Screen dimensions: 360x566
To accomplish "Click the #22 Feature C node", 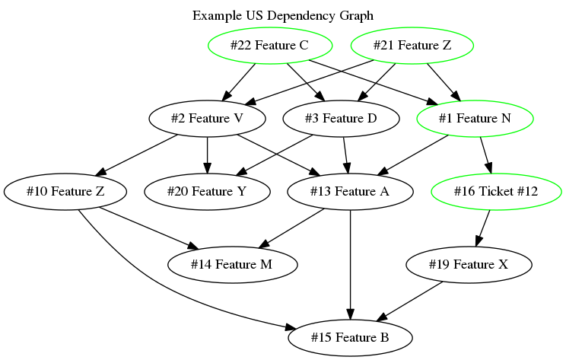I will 269,46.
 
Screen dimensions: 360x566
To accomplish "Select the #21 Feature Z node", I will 412,46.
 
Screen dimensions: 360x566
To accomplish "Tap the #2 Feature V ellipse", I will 207,118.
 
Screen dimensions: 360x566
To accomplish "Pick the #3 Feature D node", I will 341,118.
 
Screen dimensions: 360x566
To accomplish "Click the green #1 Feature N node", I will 475,118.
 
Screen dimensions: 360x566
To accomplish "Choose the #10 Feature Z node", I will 65,191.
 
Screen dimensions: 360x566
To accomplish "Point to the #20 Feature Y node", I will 207,191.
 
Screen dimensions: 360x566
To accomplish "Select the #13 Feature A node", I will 350,191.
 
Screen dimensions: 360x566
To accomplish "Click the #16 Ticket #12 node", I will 496,191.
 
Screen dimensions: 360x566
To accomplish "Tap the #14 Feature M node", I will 233,264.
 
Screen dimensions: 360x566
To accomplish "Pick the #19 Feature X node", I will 469,264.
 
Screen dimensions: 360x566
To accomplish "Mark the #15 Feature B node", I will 350,336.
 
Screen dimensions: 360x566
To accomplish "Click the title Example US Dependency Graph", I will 283,15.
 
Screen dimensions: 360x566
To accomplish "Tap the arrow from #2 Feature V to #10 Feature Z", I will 137,155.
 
